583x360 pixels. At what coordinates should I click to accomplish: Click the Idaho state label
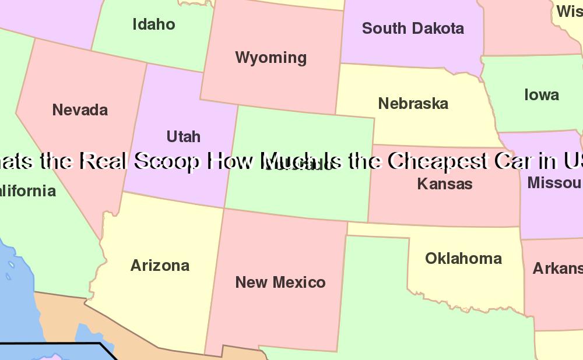[154, 24]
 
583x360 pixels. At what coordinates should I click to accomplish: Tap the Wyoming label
[271, 58]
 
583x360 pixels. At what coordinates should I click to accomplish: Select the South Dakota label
[413, 28]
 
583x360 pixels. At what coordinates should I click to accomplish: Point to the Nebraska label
[413, 104]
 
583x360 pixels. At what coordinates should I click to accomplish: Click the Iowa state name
[542, 95]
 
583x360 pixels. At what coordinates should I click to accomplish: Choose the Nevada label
[80, 110]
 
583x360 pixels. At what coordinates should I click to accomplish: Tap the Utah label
[184, 137]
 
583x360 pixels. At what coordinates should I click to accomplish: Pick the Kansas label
[445, 184]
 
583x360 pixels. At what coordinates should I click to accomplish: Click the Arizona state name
[160, 266]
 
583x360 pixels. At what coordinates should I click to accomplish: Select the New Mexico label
[280, 283]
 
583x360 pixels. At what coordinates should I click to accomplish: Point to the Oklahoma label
[463, 259]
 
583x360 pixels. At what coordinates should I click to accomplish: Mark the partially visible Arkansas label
[557, 269]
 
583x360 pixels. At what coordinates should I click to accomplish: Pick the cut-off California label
[28, 191]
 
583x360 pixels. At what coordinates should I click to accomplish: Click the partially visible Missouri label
[554, 183]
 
